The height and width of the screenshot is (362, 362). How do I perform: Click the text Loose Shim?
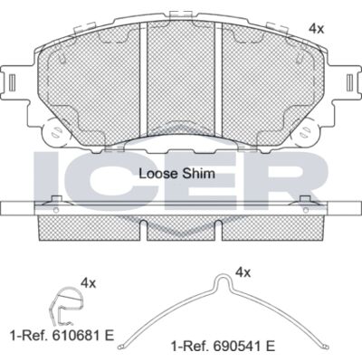coord(177,174)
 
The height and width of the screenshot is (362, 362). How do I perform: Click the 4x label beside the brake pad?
coord(316,29)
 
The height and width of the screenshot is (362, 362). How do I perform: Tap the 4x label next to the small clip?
coord(88,283)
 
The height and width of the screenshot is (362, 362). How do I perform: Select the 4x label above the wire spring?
coord(243,272)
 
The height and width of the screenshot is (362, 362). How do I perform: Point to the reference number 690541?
coord(242,346)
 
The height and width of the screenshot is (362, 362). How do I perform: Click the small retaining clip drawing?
coord(65,306)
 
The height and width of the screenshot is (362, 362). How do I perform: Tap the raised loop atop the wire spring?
coord(223,281)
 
